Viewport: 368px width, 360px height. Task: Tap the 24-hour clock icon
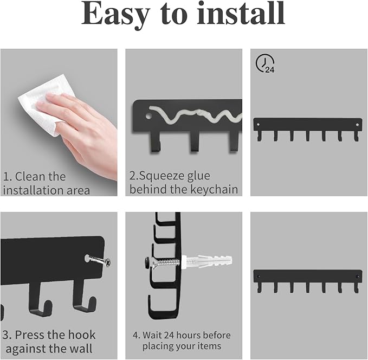click(x=265, y=63)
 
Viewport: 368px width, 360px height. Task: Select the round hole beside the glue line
click(x=149, y=115)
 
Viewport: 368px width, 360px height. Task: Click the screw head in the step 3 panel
click(x=107, y=262)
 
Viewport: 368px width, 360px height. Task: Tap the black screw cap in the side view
click(x=147, y=262)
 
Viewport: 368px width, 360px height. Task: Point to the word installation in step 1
click(x=34, y=190)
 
